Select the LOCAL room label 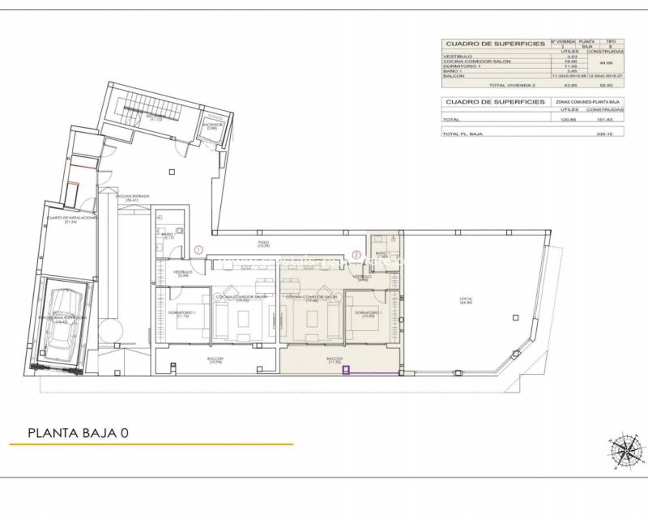465,300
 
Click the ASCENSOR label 211,126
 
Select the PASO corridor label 262,244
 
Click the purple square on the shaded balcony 347,372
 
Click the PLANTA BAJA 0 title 79,433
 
